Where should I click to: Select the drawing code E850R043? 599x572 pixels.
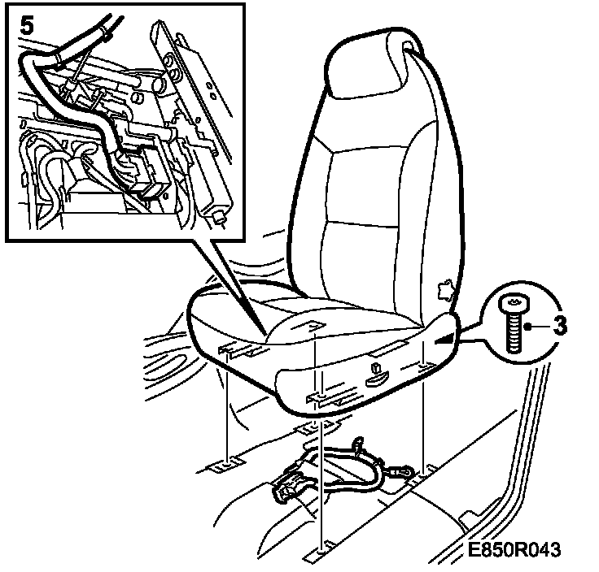(x=514, y=551)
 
